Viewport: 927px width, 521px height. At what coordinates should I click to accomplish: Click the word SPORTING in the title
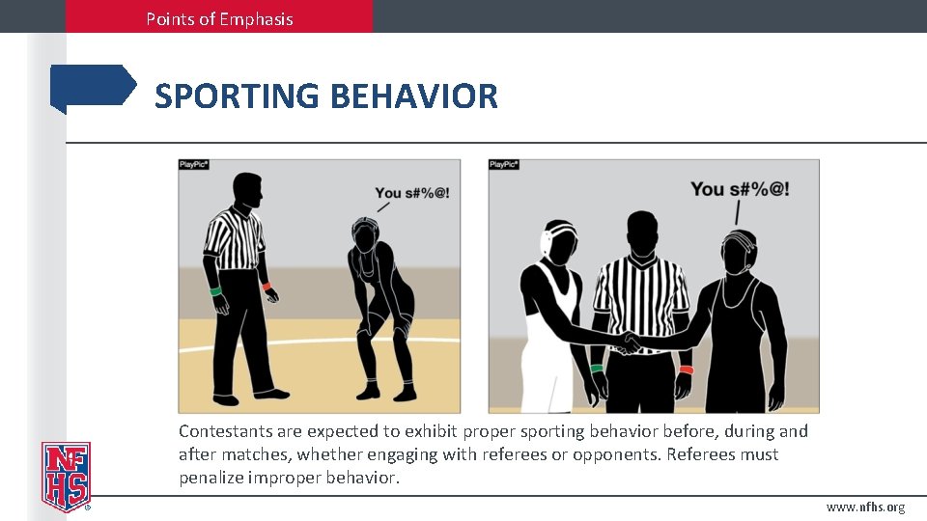(x=237, y=96)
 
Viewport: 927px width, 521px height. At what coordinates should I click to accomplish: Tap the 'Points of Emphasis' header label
(x=219, y=18)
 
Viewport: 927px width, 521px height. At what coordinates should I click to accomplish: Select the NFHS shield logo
(x=66, y=476)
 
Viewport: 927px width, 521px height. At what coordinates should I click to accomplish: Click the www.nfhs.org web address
(x=865, y=507)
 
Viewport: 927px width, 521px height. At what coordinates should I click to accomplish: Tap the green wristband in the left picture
(x=215, y=290)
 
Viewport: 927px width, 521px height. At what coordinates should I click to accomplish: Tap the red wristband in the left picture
(x=267, y=286)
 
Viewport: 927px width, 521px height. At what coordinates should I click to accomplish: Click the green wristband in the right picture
(x=597, y=368)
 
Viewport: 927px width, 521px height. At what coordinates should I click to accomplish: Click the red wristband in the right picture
(x=686, y=370)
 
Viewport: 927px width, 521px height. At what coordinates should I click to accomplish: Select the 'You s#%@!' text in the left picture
(x=412, y=193)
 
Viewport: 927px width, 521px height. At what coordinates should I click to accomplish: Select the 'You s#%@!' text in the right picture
(x=740, y=189)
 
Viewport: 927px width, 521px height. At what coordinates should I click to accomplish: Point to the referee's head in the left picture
(x=247, y=189)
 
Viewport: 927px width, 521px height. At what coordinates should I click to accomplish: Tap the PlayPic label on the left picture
(x=194, y=165)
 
